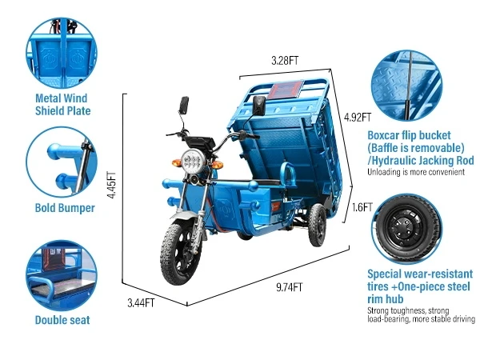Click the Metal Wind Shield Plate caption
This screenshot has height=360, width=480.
62,105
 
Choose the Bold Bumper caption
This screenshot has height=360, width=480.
65,208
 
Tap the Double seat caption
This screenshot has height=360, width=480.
62,321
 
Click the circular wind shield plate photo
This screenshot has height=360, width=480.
62,50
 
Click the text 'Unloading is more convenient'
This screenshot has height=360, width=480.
410,171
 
